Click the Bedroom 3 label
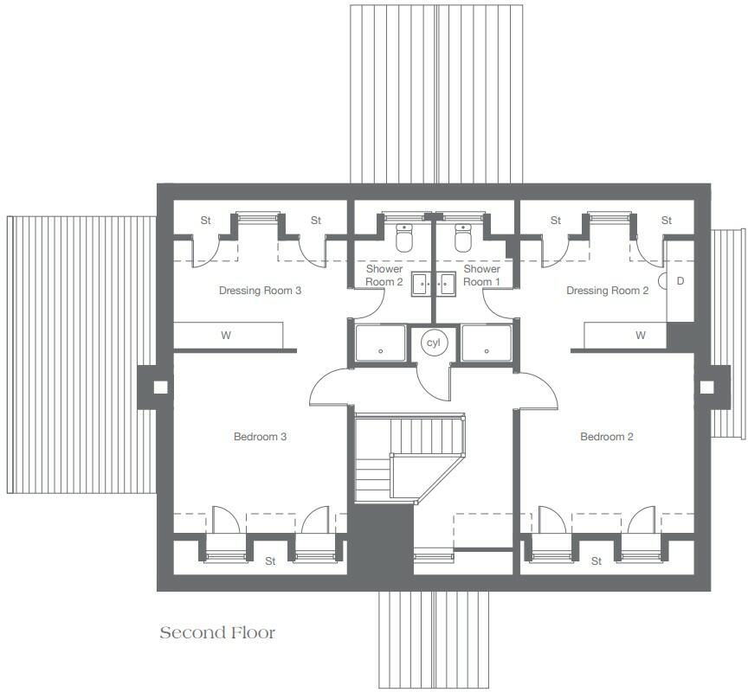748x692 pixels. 260,437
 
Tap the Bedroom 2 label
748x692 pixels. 606,437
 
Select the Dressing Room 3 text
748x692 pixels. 260,291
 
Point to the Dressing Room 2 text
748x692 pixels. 607,291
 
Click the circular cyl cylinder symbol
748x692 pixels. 433,343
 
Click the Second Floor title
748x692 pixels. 217,633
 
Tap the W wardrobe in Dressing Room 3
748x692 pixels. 227,336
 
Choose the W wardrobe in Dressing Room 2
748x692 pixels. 641,336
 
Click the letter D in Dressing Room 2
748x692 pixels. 680,281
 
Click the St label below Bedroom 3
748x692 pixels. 270,561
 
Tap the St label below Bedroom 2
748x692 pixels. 596,561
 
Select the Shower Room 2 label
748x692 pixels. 384,275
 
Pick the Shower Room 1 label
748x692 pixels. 481,275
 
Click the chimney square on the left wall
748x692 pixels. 158,388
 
